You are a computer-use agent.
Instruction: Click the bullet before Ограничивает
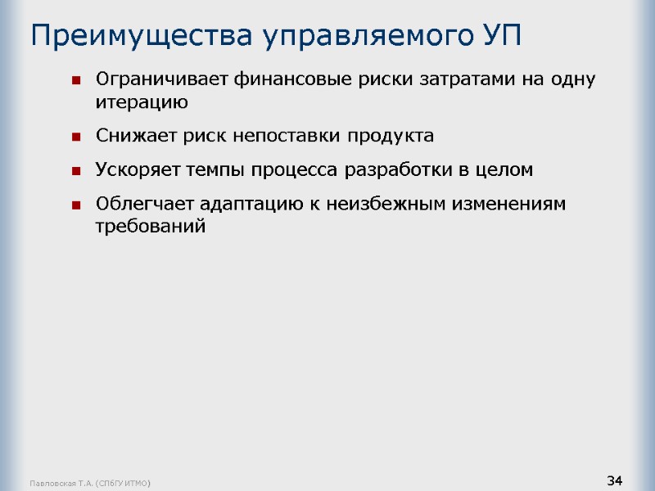[x=75, y=80]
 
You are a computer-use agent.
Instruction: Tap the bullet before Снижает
[x=75, y=137]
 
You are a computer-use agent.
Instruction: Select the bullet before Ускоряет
[x=75, y=171]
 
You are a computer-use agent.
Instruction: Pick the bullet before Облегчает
[x=75, y=205]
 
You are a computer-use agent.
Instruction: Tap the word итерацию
[x=142, y=102]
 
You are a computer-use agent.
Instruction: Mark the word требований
[x=149, y=226]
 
